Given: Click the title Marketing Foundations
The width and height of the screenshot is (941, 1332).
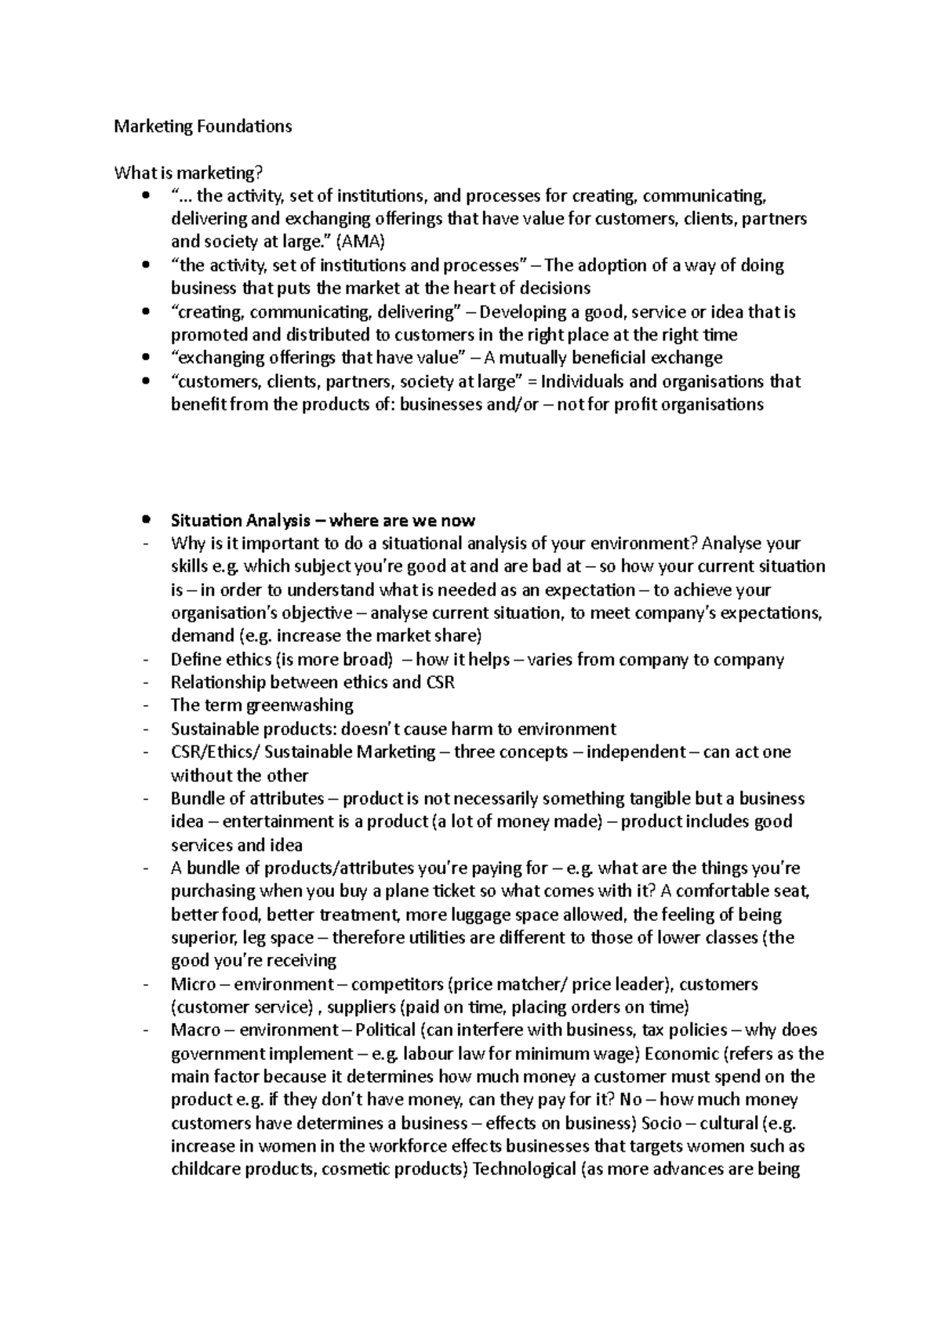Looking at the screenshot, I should (202, 126).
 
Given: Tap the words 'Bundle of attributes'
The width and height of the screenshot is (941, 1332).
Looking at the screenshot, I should (247, 799).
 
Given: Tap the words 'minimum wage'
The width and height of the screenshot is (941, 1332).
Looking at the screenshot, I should (587, 1054).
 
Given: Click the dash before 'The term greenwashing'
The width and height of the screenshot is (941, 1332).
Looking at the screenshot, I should (147, 706).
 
